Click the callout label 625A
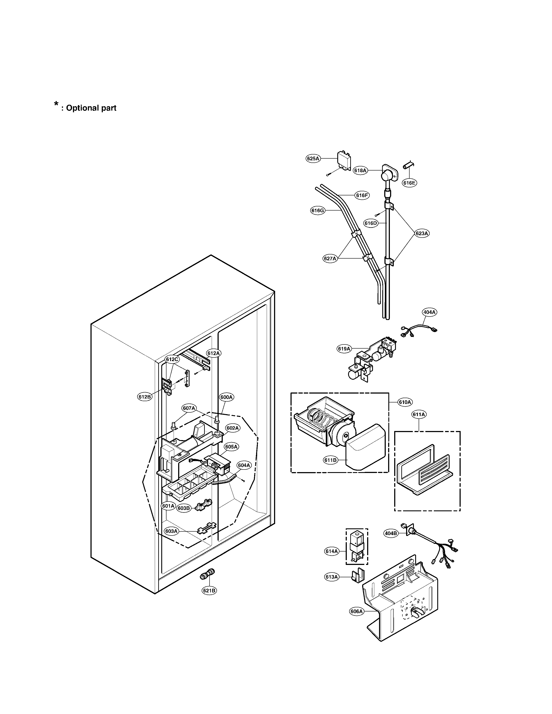(x=313, y=159)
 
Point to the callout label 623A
(x=422, y=233)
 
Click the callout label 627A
(x=330, y=259)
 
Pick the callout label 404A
(x=429, y=312)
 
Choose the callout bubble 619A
(x=344, y=349)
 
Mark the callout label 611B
(x=330, y=460)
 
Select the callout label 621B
(x=209, y=590)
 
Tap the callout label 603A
(x=171, y=531)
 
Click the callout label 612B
(x=145, y=397)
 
